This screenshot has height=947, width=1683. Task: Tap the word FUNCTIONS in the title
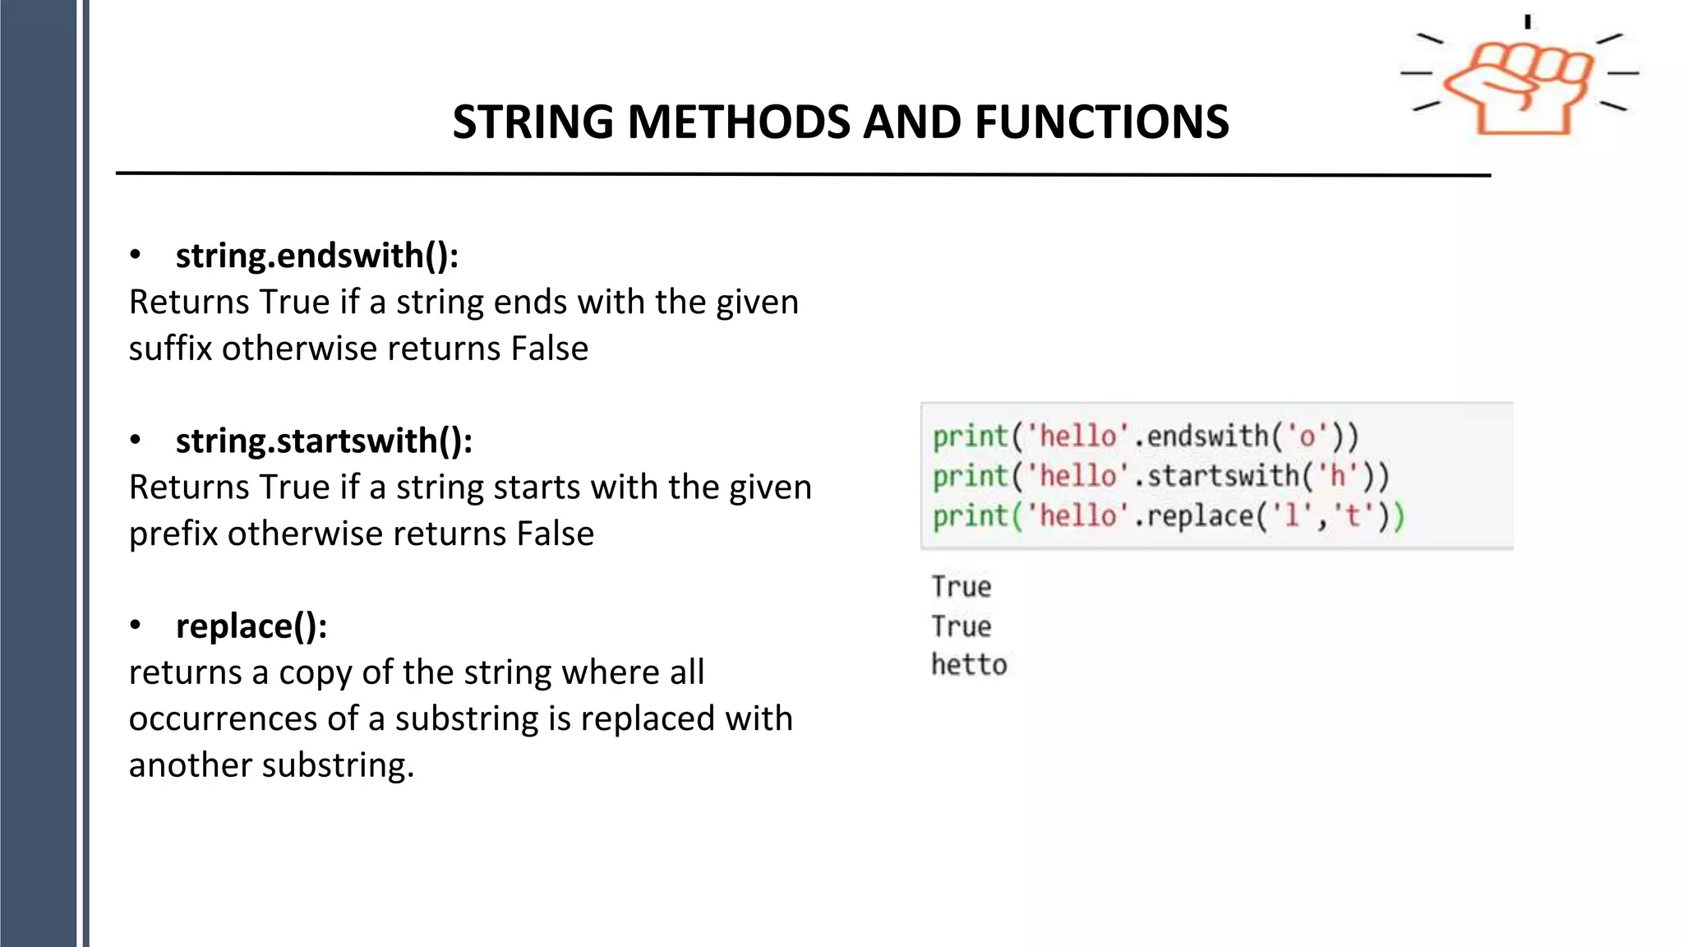(1101, 122)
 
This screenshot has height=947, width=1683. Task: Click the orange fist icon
(1519, 86)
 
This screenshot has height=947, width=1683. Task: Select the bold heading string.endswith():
(316, 256)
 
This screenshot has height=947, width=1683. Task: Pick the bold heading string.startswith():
(324, 441)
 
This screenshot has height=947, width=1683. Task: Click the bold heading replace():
(251, 626)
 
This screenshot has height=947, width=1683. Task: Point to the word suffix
(170, 349)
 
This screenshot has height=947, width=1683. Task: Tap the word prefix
(173, 534)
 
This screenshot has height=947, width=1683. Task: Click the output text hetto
(969, 664)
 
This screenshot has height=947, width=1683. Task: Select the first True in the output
(961, 587)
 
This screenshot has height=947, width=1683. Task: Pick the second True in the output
(961, 626)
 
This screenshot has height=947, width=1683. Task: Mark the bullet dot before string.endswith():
(136, 256)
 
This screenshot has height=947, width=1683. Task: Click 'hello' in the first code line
(1078, 436)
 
